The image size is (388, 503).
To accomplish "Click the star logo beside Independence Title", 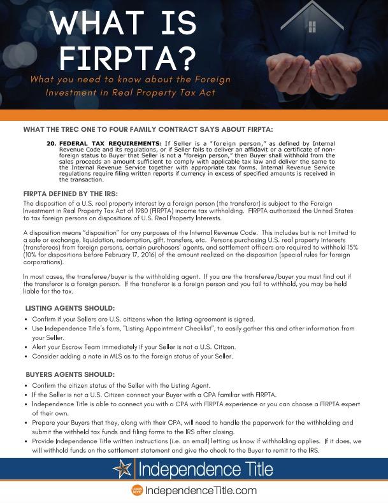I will click(x=124, y=471).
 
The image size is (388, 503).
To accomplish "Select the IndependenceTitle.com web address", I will click(x=201, y=490).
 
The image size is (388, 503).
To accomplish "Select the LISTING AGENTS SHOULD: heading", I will click(x=71, y=308).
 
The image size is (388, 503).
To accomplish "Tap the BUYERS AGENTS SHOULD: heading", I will click(x=70, y=374).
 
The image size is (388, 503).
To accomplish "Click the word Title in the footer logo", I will click(x=252, y=471).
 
